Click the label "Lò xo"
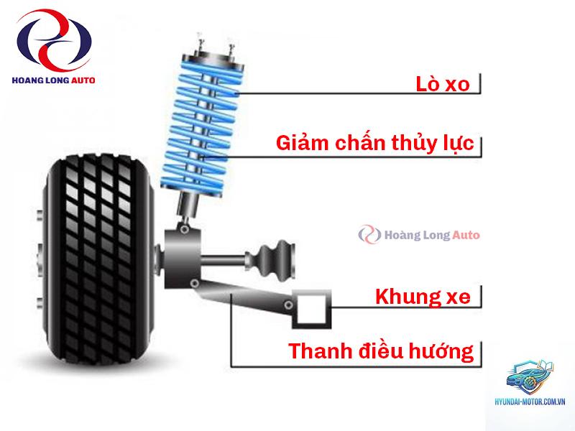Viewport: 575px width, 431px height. (442, 84)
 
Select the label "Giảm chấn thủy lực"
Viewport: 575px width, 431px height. (374, 143)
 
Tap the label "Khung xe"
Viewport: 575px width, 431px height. (423, 297)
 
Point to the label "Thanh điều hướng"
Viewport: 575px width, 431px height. (381, 351)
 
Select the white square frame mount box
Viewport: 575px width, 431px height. (312, 308)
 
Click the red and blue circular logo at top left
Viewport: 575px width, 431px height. (53, 40)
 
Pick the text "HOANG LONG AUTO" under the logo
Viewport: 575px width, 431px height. (53, 80)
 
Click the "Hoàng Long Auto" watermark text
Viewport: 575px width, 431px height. (432, 235)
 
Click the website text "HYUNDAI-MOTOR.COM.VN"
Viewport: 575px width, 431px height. (530, 402)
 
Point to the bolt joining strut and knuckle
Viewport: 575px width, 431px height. (185, 230)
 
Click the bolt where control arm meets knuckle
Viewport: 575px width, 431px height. (195, 283)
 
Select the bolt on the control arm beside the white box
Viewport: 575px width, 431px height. (289, 305)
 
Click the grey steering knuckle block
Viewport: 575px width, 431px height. (183, 258)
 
